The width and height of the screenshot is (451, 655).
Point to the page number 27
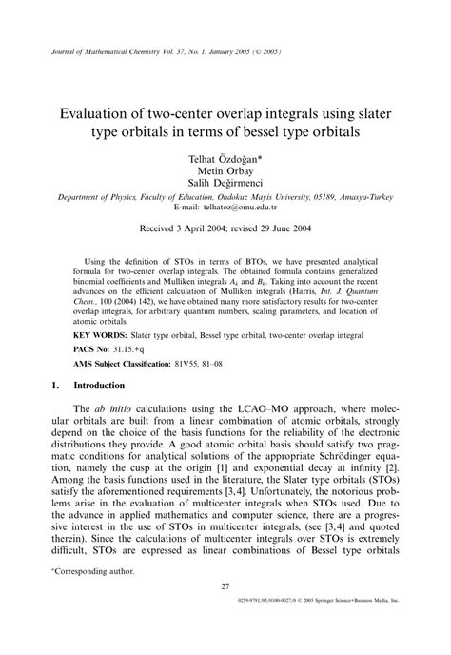click(225, 612)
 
